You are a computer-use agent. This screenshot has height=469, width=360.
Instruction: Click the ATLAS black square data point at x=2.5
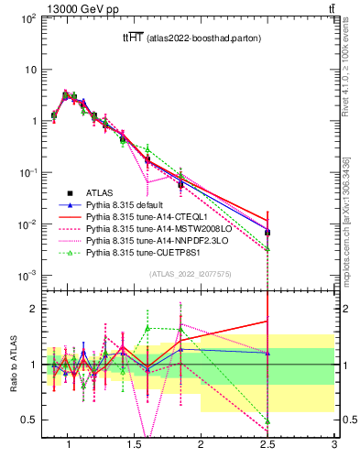[267, 233]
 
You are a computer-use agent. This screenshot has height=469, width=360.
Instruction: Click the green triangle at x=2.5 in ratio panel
[267, 421]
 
